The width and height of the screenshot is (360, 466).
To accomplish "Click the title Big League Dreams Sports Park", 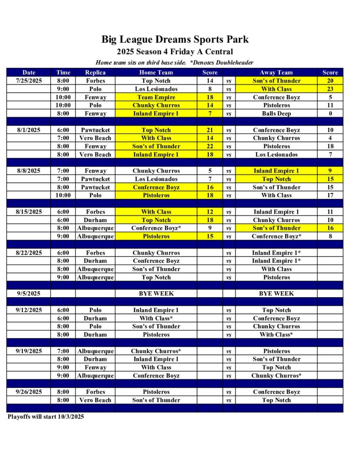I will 175,40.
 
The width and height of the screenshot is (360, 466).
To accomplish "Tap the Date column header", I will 29,72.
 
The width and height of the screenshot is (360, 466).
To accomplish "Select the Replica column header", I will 95,72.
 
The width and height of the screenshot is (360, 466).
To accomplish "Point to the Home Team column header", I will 156,72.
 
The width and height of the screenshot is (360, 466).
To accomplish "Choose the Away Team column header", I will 276,72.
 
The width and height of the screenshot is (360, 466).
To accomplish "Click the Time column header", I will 63,72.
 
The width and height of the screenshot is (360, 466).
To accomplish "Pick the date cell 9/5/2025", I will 29,294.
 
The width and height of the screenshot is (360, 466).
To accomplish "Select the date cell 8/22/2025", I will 29,253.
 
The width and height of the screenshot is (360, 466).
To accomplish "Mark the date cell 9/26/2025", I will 29,392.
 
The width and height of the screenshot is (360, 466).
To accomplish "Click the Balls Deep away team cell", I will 276,113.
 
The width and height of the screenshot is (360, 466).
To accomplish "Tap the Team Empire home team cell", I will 156,97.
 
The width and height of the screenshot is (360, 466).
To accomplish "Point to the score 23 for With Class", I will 330,89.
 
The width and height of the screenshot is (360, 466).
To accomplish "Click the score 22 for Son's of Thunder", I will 210,146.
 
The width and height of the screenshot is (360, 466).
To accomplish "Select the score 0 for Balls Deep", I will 330,113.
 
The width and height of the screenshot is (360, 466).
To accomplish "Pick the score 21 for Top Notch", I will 210,130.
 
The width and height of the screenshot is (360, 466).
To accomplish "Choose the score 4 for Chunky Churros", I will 330,138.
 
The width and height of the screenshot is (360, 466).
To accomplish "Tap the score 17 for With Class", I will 330,195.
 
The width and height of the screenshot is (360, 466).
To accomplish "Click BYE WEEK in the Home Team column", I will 156,294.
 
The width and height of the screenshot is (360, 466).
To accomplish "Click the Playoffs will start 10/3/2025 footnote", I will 46,416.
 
